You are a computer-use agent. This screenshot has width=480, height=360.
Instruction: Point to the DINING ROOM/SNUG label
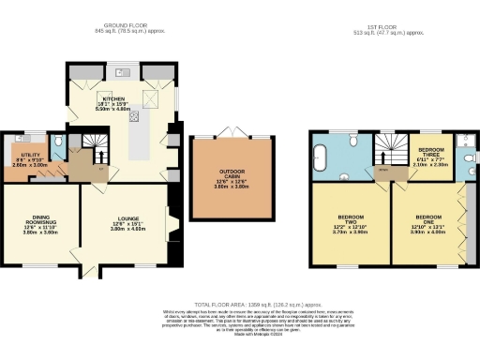[x=37, y=221]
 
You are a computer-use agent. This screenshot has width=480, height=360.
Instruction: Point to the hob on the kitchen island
[x=134, y=117]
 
